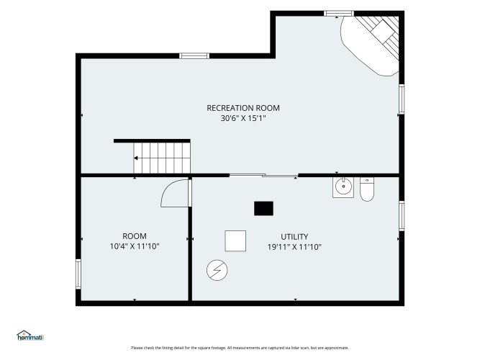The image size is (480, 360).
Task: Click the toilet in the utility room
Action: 367,189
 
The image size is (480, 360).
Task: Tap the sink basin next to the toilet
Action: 343,187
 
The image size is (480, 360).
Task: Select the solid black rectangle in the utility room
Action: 263,208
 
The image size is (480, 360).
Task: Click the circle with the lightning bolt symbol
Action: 217,270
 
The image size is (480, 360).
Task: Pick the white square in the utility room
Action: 235,240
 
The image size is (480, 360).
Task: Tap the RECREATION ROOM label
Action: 243,108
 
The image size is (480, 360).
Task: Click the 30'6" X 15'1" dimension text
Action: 243,118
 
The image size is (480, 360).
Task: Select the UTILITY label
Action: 294,237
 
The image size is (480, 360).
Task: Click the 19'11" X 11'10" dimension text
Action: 294,247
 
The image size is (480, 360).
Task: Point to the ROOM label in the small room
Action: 135,236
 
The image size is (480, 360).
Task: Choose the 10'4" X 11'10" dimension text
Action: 135,246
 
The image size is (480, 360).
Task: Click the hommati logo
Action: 30,336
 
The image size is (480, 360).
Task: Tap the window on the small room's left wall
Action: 78,274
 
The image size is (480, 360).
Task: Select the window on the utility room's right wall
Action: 402,216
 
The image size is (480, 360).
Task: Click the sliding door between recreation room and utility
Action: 264,175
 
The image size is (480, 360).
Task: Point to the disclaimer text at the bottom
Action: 240,348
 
